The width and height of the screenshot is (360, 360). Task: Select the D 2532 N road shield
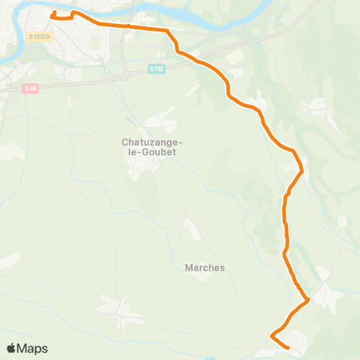(39, 36)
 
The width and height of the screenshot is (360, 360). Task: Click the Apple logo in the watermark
(11, 349)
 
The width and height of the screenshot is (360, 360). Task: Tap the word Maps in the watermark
(32, 349)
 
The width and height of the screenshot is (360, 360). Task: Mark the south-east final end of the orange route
(289, 347)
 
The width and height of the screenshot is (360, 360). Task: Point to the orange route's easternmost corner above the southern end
(308, 301)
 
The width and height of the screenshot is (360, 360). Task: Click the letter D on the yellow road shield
(31, 36)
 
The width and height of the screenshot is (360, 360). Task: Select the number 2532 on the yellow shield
(39, 36)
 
